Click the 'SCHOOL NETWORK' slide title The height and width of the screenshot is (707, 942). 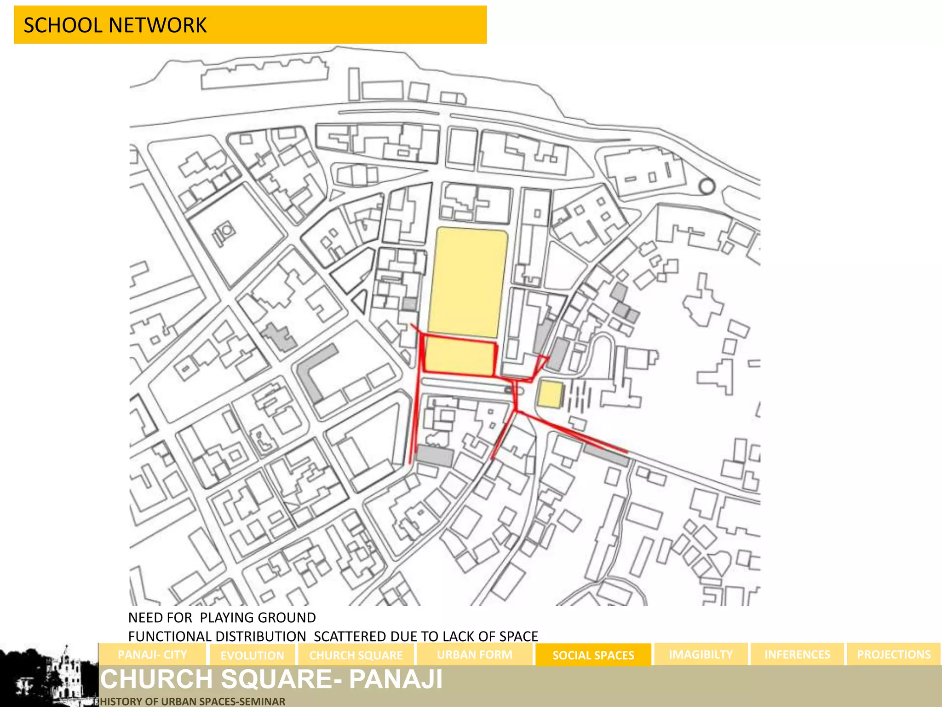[115, 25]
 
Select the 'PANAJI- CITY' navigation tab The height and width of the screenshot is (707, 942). [152, 655]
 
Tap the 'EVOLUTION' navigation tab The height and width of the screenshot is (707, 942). [253, 655]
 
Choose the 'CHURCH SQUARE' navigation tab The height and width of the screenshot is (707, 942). [356, 655]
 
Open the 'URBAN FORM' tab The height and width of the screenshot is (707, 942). [474, 655]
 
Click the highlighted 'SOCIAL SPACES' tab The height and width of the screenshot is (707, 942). [593, 655]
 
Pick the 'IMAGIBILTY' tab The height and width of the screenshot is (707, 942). [701, 655]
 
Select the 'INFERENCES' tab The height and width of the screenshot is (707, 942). [797, 655]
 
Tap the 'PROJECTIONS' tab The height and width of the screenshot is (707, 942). [893, 655]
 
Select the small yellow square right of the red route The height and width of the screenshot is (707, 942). [550, 394]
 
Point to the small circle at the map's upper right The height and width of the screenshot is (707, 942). [706, 186]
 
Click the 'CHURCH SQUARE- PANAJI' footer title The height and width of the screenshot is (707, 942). [271, 679]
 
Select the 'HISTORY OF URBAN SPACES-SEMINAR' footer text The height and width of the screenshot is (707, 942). [193, 701]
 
